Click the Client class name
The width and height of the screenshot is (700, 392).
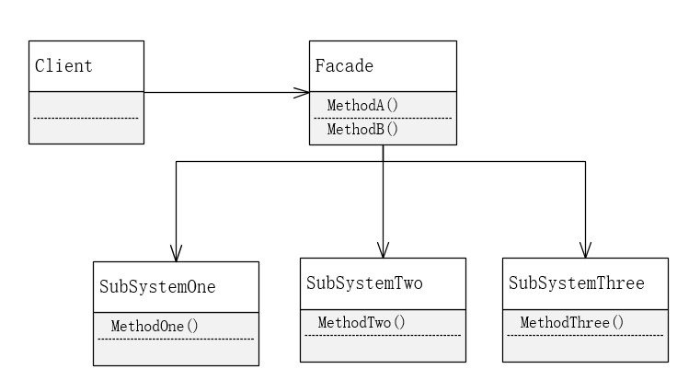point(63,66)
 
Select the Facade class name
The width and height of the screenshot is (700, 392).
point(344,66)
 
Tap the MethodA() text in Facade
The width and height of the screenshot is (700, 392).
point(362,105)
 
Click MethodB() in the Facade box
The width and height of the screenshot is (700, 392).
point(362,129)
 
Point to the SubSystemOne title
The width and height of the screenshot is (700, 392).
point(157,286)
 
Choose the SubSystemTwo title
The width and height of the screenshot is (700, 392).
point(364,282)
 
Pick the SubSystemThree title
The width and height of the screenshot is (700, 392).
point(577,282)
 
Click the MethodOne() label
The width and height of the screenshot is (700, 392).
point(155,326)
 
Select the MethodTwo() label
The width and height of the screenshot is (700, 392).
point(361,322)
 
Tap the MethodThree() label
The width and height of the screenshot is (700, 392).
point(572,322)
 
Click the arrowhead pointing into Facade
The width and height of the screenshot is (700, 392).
point(302,92)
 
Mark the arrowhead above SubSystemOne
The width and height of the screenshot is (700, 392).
point(177,252)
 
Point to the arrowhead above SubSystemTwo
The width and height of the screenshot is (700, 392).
point(384,248)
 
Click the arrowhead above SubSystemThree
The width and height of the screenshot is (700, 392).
point(585,248)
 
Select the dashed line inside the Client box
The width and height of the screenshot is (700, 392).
point(86,118)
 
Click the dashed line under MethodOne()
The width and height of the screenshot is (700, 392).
point(175,340)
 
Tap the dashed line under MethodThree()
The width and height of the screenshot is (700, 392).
point(585,335)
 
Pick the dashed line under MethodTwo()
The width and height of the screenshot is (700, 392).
point(382,335)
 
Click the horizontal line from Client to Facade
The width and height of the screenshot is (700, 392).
point(221,92)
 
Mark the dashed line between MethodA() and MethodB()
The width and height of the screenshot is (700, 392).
point(383,118)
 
